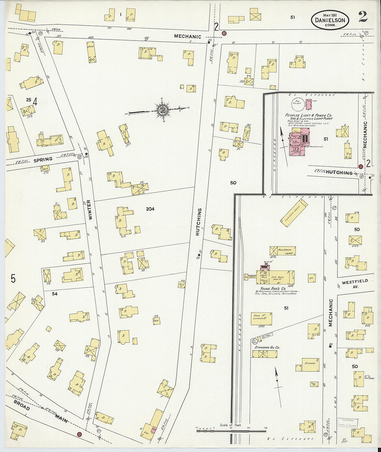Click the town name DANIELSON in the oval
pos(330,20)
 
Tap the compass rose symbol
pos(162,110)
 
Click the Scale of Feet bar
pos(231,431)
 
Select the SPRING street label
pos(43,160)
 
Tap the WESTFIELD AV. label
pos(354,284)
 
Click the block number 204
pos(150,209)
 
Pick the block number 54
pos(54,294)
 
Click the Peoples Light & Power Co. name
pos(308,115)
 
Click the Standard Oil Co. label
pos(267,347)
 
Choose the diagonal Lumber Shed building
pos(294,213)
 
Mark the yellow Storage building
pos(310,365)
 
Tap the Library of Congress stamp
pos(348,423)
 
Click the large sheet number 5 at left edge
pos(13,278)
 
